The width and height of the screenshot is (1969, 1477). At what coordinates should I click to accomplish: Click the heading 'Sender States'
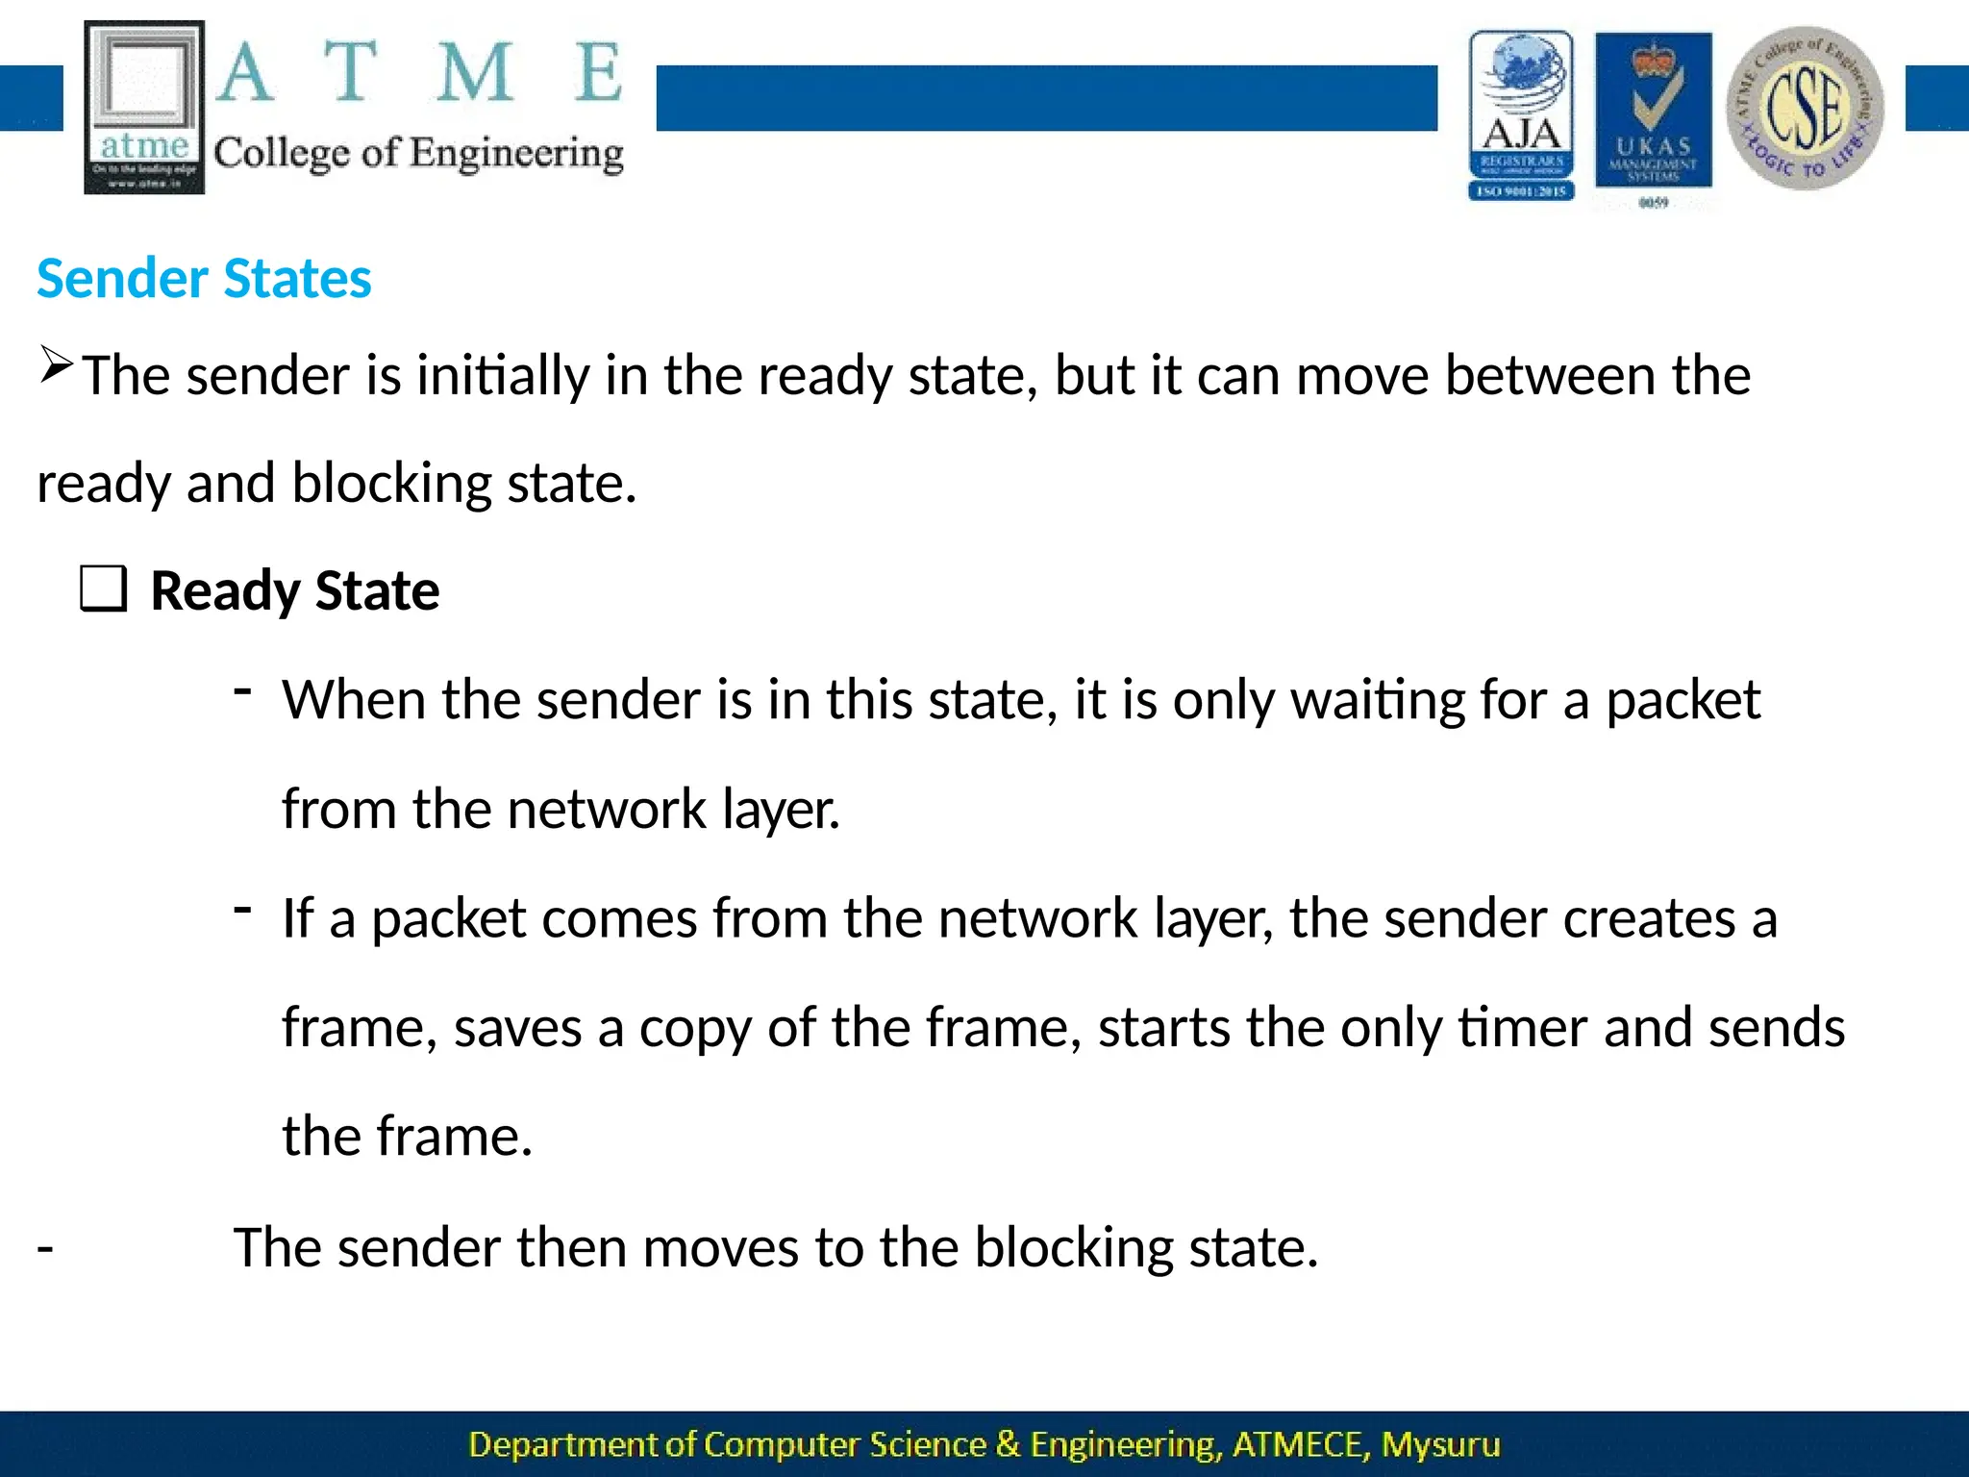204,279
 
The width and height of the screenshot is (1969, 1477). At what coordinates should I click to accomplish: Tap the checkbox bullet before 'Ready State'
103,589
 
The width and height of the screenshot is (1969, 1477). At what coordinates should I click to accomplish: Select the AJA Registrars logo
1521,115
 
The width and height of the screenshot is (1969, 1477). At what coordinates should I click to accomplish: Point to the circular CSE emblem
1805,108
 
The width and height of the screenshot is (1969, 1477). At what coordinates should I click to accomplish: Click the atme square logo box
144,107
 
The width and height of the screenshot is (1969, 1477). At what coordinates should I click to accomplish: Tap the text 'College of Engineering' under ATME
418,154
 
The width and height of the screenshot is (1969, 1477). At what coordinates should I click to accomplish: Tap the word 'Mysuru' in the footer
1440,1444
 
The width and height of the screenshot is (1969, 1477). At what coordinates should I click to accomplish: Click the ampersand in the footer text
1008,1444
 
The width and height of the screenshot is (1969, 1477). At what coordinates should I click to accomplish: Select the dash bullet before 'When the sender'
243,689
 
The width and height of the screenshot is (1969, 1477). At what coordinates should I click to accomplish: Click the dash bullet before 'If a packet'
243,908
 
